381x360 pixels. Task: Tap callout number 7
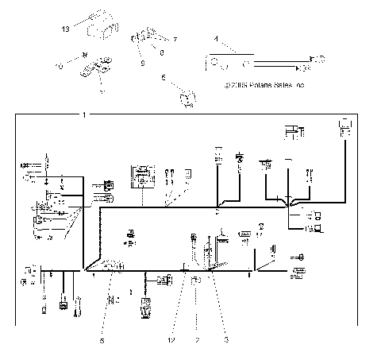click(x=175, y=39)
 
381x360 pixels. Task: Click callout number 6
click(x=163, y=78)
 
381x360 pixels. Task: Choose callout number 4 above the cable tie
click(x=216, y=38)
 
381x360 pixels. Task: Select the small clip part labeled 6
click(x=188, y=98)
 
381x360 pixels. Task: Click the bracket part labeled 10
click(x=94, y=68)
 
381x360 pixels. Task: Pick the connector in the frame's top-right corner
click(x=345, y=127)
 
